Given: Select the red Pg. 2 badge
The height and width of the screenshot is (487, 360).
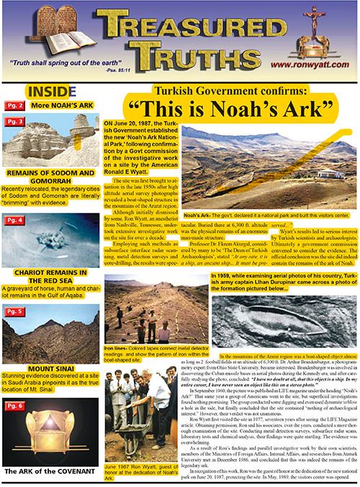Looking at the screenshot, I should (17, 106).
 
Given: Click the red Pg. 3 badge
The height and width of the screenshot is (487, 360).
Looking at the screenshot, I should (17, 122).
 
